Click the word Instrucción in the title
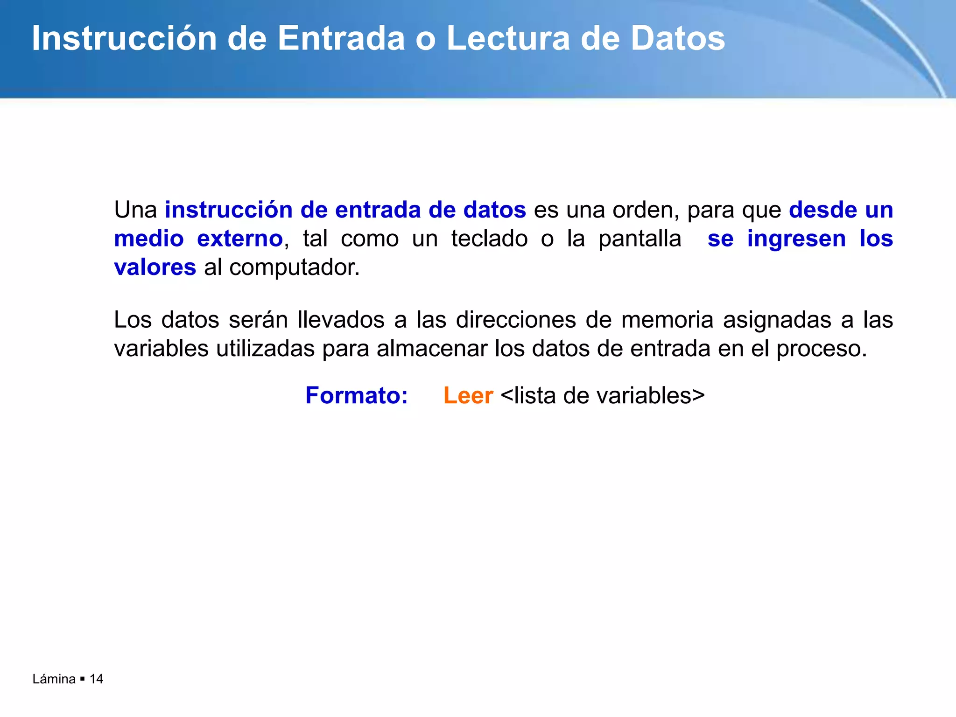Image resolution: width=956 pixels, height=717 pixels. (124, 38)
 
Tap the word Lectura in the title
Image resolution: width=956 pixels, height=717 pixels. (508, 38)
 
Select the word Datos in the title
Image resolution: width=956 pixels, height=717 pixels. (677, 38)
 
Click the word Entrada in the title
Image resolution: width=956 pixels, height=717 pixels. (341, 38)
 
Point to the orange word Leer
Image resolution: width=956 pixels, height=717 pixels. (468, 396)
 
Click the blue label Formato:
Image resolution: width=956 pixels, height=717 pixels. (357, 396)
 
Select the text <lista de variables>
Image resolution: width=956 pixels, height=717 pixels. (602, 396)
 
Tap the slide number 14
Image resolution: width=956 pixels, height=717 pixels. (96, 679)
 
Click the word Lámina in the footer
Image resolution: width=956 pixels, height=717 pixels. (54, 679)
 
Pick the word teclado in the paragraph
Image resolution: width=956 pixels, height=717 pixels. (489, 239)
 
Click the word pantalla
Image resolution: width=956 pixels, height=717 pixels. (640, 239)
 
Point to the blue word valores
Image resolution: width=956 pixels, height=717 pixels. (155, 267)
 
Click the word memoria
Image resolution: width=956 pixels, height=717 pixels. (667, 320)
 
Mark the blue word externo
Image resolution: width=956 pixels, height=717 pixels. (240, 239)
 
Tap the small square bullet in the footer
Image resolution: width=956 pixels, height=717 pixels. (83, 679)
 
